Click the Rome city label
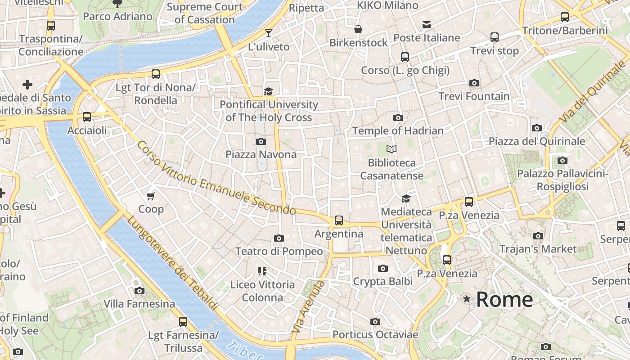tap(504, 300)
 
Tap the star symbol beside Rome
tap(467, 299)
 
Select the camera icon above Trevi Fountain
tap(474, 83)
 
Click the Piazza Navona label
tap(261, 154)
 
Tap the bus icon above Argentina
tap(338, 220)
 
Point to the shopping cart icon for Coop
tap(151, 196)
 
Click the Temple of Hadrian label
tap(398, 130)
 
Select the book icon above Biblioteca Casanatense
tap(391, 149)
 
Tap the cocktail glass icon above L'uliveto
tap(269, 33)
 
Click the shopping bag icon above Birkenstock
tap(358, 29)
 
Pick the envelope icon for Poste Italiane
tap(426, 24)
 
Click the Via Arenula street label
tap(308, 306)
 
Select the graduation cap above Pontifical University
tap(269, 91)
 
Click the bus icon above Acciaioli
tap(87, 117)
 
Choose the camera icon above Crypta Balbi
tap(382, 268)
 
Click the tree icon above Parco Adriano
tap(117, 4)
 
